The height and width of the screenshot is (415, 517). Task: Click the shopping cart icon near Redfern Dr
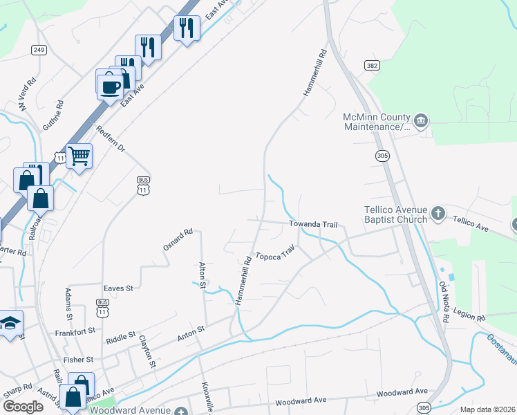click(79, 156)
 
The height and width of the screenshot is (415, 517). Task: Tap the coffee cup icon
click(110, 86)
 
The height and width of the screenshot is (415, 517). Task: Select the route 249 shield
click(39, 50)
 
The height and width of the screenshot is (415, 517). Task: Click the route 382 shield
click(373, 64)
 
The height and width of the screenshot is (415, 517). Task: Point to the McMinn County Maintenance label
click(377, 122)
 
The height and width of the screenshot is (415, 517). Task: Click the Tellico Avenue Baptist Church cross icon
click(438, 214)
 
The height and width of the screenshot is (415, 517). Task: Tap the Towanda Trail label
click(313, 224)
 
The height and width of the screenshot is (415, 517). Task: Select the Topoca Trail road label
click(275, 255)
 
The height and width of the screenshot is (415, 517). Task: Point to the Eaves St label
click(117, 288)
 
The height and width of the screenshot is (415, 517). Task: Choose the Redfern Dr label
click(110, 139)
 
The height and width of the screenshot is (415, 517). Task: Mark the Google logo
click(22, 407)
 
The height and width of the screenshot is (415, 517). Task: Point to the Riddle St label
click(121, 339)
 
